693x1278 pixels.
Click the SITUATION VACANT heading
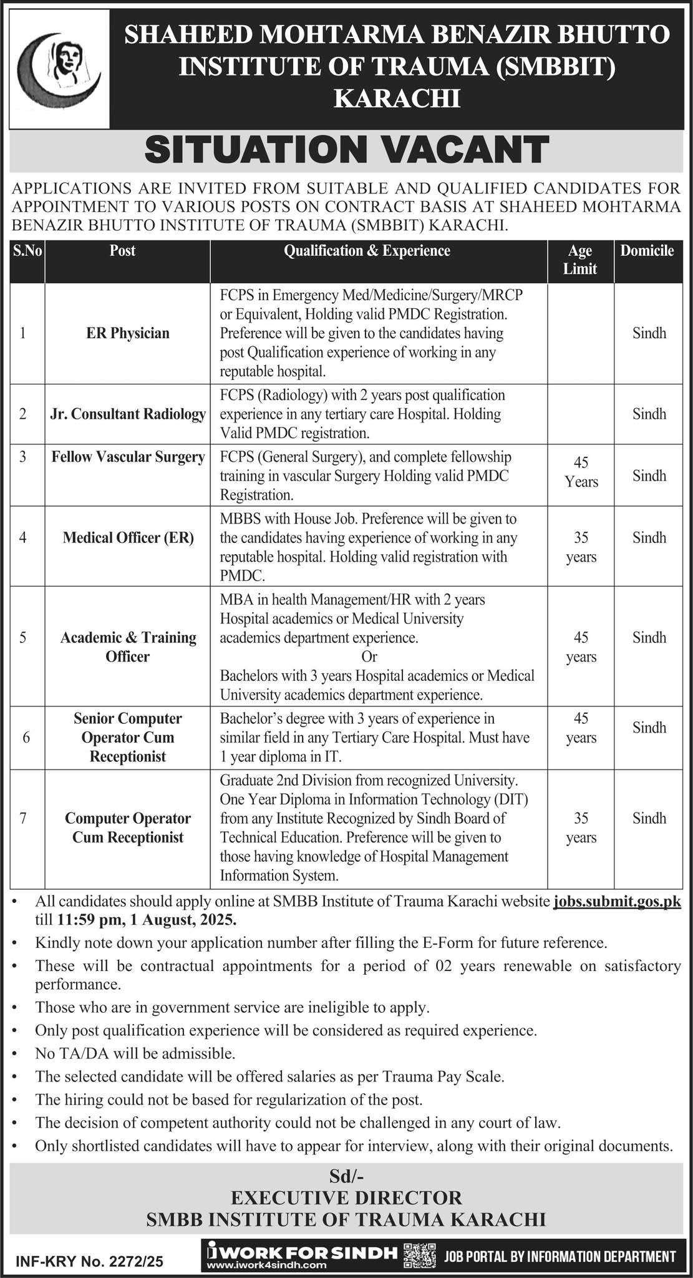tap(346, 150)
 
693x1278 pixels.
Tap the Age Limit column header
tap(580, 260)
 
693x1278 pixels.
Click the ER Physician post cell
tap(128, 333)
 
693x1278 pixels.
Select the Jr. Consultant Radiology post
tap(128, 414)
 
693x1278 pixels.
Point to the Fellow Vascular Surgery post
tap(128, 457)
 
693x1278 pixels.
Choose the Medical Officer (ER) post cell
tap(128, 537)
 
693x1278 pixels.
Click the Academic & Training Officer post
tap(128, 646)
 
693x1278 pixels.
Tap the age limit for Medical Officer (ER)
tap(581, 547)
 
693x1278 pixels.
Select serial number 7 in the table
tap(23, 817)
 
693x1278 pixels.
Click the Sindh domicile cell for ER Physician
tap(649, 333)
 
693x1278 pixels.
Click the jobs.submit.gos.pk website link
tap(617, 901)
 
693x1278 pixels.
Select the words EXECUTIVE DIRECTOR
tap(346, 1197)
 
